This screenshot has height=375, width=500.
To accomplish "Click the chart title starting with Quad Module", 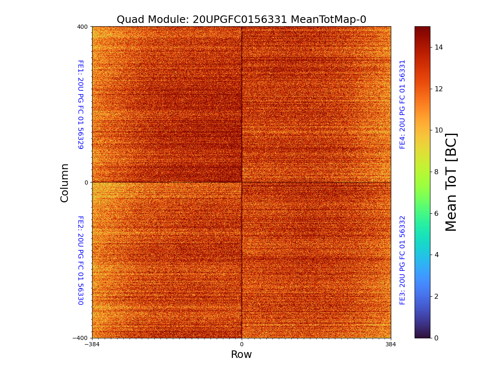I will point(241,20).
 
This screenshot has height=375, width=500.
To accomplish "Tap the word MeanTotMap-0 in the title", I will point(328,20).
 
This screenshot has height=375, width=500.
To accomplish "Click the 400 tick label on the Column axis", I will point(82,27).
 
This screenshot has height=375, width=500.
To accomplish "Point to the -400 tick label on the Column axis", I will point(81,338).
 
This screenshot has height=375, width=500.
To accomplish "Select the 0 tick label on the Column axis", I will point(86,182).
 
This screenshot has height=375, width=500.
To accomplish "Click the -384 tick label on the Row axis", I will point(92,345).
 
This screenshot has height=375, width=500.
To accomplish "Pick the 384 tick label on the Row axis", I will point(391,345).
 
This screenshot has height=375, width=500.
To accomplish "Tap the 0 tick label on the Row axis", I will point(242,345).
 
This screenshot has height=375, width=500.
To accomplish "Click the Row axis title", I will point(241,355).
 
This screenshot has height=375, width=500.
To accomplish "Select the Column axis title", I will point(65,182).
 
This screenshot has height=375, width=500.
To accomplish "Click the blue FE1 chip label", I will point(80,105).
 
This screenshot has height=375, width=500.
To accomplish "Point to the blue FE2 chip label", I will point(80,260).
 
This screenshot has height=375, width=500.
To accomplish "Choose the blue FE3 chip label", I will point(402,260).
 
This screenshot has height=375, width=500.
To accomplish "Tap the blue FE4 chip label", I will point(402,104).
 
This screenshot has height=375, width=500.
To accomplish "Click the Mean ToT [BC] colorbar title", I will point(451,182).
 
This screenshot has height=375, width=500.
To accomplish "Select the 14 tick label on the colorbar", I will point(438,47).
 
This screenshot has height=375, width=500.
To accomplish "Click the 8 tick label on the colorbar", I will point(436,172).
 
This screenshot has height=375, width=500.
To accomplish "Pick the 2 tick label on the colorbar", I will point(436,296).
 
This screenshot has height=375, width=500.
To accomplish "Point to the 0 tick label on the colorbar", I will point(436,338).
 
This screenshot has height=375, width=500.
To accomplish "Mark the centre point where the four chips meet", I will point(242,182).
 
